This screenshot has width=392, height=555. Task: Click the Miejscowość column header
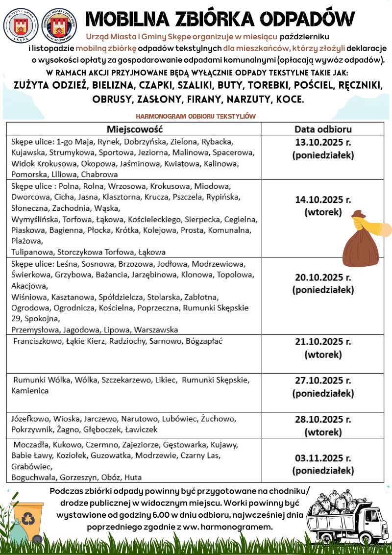[134, 129]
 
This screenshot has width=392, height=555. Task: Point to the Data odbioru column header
[323, 129]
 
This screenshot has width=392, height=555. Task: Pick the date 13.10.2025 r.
[323, 143]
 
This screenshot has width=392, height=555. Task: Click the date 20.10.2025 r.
[323, 277]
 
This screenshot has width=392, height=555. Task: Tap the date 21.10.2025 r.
[323, 342]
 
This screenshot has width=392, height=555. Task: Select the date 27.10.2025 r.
[323, 380]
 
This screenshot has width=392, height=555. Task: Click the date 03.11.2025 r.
[323, 458]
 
